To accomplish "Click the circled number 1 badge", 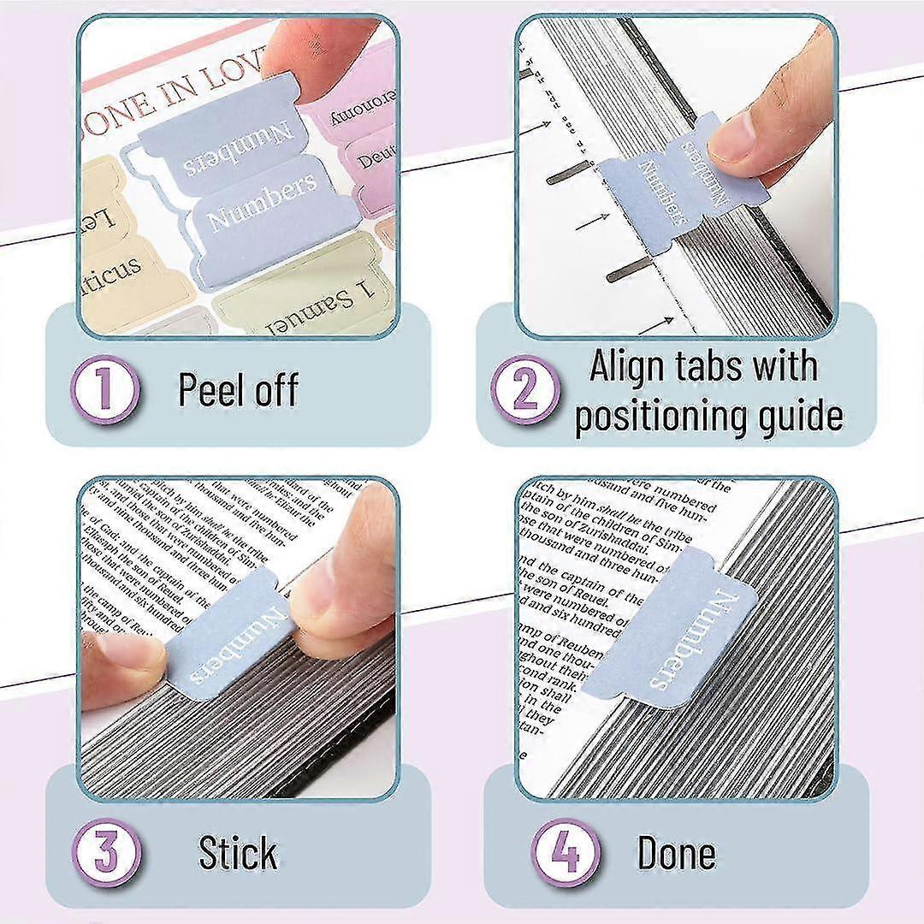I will coord(105,390).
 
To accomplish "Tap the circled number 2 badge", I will coord(524,389).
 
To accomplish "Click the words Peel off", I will coord(238,389).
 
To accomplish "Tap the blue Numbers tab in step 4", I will coord(676,637).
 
